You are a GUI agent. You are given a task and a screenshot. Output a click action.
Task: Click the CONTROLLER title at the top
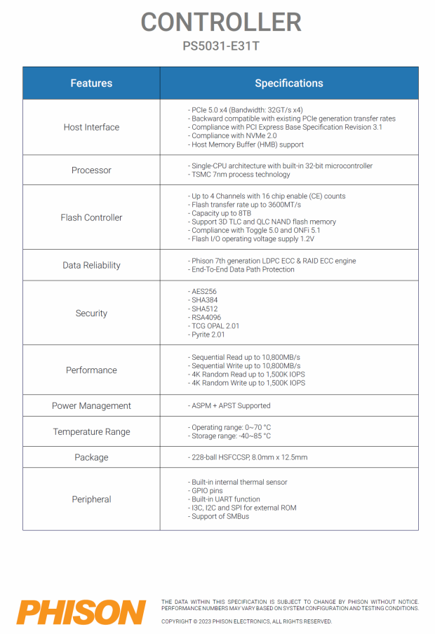(221, 22)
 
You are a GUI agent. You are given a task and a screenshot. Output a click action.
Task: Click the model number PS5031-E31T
(221, 48)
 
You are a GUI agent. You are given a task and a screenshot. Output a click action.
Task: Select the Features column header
(91, 83)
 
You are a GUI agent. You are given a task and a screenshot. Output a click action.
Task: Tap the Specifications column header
(289, 83)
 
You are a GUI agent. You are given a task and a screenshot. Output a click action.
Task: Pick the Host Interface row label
(91, 128)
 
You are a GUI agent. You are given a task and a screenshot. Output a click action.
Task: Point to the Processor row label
(91, 170)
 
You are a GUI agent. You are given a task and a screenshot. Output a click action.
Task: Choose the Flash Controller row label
(91, 217)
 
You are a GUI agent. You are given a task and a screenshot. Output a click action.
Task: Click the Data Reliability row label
(91, 265)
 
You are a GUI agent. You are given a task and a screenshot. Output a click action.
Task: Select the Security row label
(91, 313)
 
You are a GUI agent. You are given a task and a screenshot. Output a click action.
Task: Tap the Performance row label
(91, 370)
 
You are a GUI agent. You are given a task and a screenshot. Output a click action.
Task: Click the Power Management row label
(91, 406)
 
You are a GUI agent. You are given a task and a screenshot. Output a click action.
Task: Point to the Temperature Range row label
(91, 432)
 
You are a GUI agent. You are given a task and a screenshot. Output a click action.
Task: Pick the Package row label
(91, 457)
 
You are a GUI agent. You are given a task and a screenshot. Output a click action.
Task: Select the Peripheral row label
(91, 499)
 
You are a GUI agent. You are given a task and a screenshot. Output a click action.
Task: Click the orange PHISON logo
(81, 612)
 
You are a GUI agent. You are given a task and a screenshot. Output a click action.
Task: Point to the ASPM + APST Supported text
(229, 406)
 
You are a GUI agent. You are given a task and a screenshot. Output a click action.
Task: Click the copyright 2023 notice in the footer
(246, 621)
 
